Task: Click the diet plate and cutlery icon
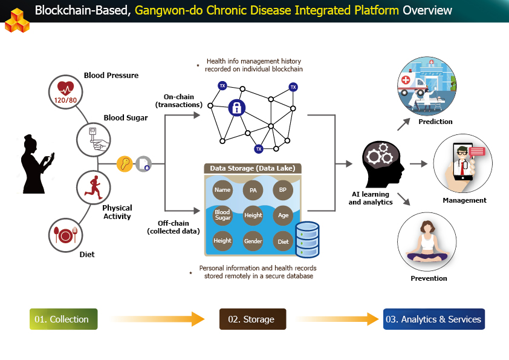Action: tap(65, 235)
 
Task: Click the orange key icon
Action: tap(125, 164)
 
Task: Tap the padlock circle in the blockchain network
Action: tap(236, 108)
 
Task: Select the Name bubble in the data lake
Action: tap(222, 190)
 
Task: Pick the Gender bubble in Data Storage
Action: tap(253, 241)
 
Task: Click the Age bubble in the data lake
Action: tap(283, 215)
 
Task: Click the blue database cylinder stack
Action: tap(306, 239)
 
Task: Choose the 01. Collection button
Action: tap(63, 319)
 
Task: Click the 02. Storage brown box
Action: tap(253, 319)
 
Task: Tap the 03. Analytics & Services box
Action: tap(434, 319)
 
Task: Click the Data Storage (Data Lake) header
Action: tap(253, 168)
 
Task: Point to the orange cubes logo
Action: tap(16, 19)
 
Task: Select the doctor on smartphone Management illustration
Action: tap(462, 163)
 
